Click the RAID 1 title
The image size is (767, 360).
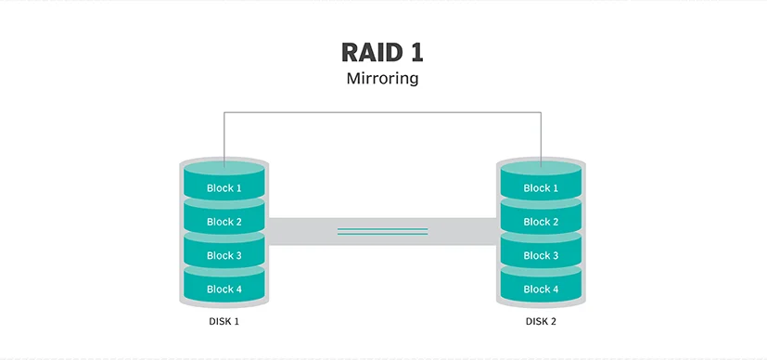382,52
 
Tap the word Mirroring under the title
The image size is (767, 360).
382,78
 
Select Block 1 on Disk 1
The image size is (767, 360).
224,187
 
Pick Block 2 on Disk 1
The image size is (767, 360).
224,222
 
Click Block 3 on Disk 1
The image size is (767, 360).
224,255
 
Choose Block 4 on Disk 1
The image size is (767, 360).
224,289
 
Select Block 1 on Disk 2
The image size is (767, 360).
541,187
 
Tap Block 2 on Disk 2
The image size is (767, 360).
541,222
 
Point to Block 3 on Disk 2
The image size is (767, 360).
541,255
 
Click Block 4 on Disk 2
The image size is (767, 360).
541,289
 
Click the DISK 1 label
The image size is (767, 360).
224,322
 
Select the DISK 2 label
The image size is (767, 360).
541,322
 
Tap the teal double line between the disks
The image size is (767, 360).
382,231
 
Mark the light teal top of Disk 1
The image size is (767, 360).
224,169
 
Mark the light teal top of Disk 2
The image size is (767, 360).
541,169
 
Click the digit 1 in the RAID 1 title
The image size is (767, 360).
415,52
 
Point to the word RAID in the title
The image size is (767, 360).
371,52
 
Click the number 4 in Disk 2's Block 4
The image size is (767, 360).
555,289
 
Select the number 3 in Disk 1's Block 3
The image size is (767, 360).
238,255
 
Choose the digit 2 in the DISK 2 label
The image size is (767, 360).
553,322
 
